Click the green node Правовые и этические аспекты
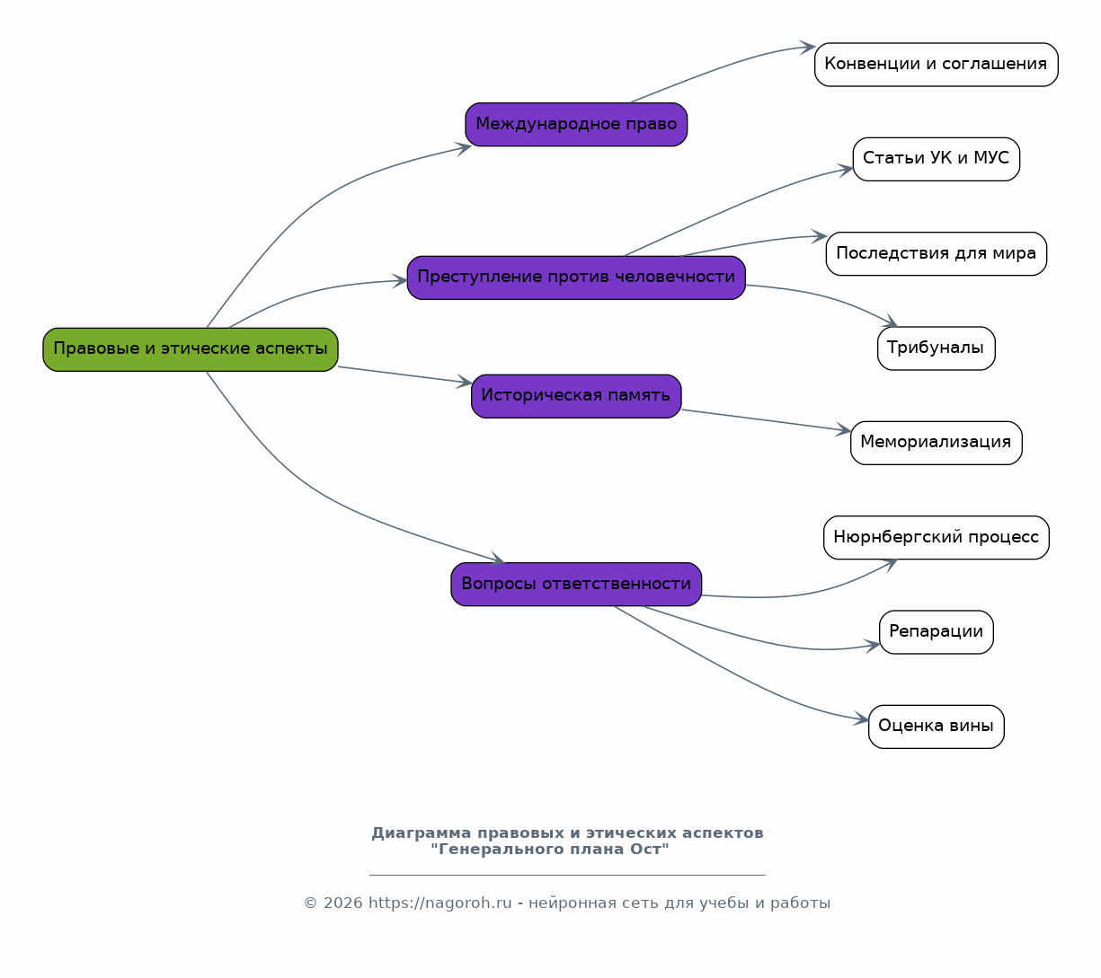[x=191, y=349]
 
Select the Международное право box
[x=576, y=124]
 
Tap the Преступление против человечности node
[x=576, y=278]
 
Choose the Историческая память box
[x=576, y=396]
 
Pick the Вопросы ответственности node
[x=576, y=585]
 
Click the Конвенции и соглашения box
[x=936, y=64]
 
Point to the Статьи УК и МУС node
[x=936, y=159]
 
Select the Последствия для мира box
[x=936, y=253]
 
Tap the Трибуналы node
[x=936, y=348]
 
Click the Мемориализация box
[x=936, y=443]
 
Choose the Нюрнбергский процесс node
[x=936, y=537]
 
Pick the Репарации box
[x=936, y=632]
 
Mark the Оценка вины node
[x=936, y=727]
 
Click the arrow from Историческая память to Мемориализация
[x=767, y=420]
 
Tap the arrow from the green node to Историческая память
[x=404, y=375]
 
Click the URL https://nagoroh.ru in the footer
[x=440, y=903]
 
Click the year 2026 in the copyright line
[x=343, y=903]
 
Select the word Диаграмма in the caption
[x=422, y=833]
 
